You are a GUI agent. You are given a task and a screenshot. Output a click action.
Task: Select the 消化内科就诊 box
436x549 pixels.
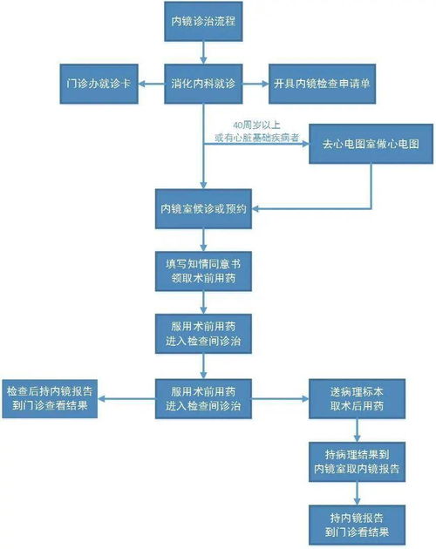202,84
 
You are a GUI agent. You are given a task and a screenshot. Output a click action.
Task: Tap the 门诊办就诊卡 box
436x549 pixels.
102,84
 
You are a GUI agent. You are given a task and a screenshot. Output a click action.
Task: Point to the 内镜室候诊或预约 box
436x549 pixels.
202,209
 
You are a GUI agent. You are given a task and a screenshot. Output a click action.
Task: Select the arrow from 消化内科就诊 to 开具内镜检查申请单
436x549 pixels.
253,84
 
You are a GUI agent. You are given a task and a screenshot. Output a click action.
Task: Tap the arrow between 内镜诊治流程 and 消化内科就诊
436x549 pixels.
202,52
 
